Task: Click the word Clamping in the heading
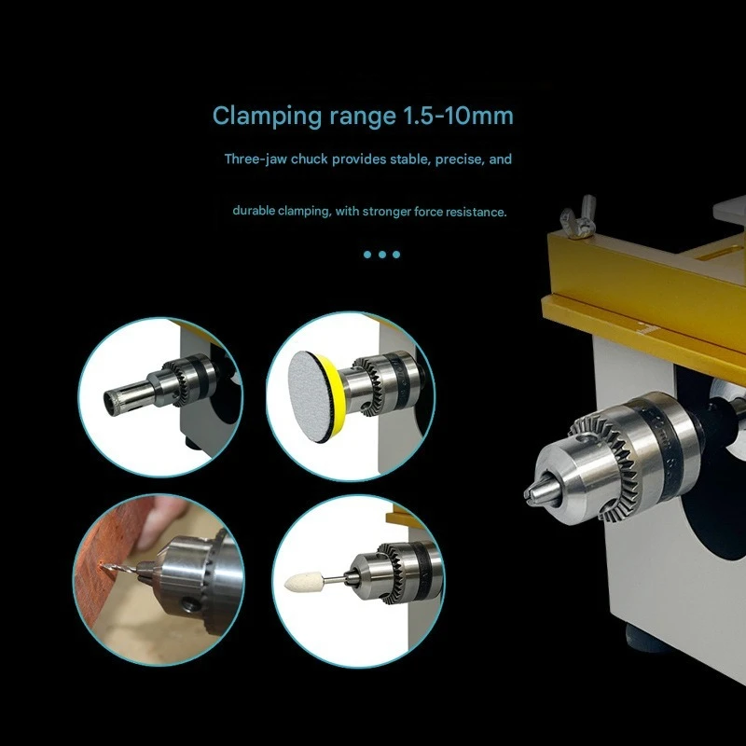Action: click(x=268, y=117)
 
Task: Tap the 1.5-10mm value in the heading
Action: click(x=458, y=116)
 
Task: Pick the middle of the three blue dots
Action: click(x=382, y=255)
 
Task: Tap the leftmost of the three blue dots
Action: click(x=367, y=255)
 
